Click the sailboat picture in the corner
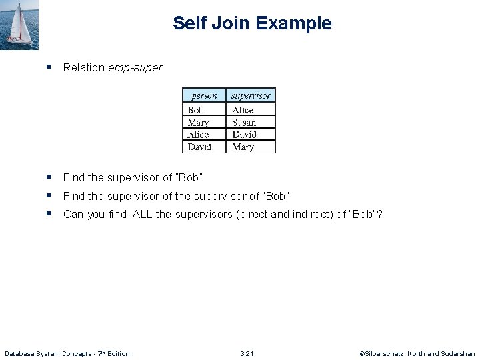[19, 25]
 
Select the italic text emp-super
[135, 67]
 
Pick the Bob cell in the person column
[196, 110]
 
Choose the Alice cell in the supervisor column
[243, 110]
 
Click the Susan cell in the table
[244, 123]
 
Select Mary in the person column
[199, 123]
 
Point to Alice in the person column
[199, 135]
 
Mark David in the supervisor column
[245, 135]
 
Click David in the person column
[200, 147]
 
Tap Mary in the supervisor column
[243, 147]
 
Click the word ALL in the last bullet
[143, 214]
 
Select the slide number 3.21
[247, 353]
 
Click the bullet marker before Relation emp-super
[49, 67]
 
